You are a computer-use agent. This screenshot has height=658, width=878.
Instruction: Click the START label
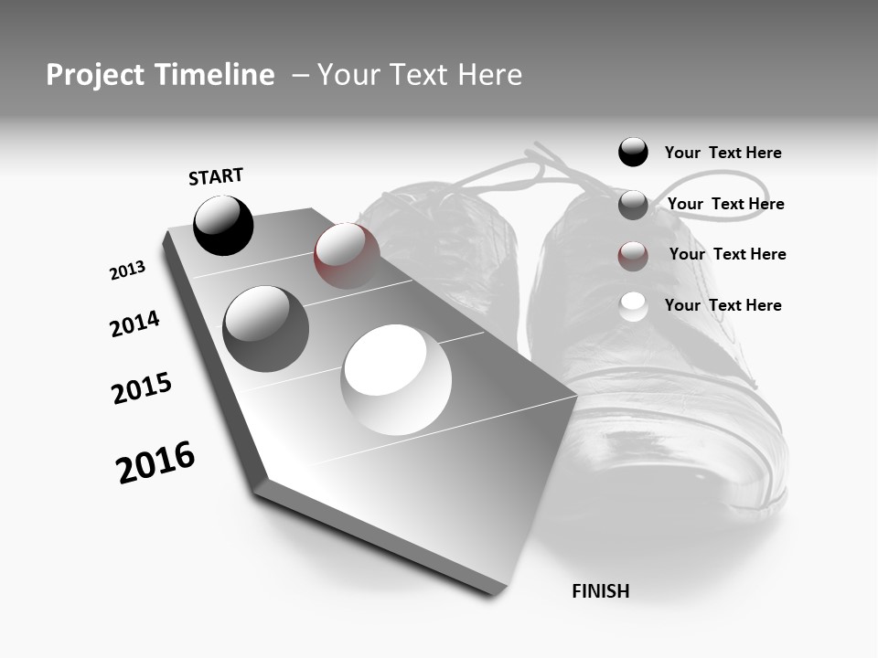click(x=216, y=176)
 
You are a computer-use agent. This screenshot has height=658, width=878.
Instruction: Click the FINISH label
click(x=600, y=591)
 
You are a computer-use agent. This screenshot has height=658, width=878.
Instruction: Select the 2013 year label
click(x=128, y=271)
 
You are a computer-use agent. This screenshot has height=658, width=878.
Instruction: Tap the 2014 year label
click(x=134, y=324)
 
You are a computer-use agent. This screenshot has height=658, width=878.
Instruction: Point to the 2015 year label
click(x=142, y=388)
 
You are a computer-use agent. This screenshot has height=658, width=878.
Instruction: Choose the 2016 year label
click(x=155, y=462)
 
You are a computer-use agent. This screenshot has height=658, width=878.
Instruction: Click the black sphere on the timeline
click(x=223, y=225)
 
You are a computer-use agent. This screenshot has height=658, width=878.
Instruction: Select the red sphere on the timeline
click(x=347, y=255)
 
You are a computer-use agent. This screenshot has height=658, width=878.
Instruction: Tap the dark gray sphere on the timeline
click(x=265, y=329)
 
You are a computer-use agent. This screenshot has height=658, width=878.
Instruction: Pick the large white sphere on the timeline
click(x=396, y=379)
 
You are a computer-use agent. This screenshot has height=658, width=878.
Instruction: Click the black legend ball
click(x=633, y=152)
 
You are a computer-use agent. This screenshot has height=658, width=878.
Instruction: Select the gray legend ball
click(x=633, y=205)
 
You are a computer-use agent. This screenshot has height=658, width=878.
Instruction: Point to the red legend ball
click(x=633, y=256)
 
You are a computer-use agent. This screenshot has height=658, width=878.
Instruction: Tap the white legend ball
click(x=633, y=306)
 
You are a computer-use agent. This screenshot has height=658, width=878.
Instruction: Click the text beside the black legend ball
click(x=723, y=153)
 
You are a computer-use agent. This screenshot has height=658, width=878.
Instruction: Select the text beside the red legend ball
click(x=727, y=254)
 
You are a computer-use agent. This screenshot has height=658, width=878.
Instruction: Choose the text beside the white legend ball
click(x=723, y=305)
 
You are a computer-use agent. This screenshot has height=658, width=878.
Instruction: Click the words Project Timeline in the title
click(x=160, y=75)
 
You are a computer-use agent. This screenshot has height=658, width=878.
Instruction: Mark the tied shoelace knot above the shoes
click(x=540, y=169)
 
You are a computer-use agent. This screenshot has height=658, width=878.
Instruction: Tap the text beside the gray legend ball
click(x=725, y=204)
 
